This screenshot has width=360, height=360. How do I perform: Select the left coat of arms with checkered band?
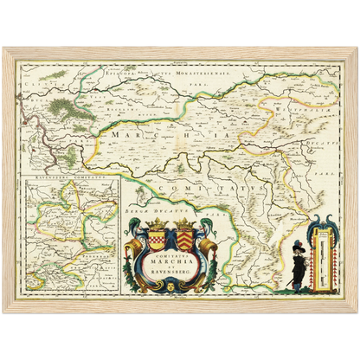pos(157,235)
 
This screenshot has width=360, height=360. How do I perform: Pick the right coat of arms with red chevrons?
pos(186,235)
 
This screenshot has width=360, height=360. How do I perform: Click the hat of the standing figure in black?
pos(298,246)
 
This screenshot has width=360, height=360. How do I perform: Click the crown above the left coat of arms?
pos(157,222)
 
